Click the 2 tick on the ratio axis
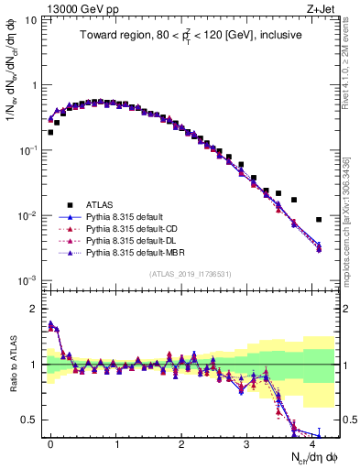[x=33, y=309]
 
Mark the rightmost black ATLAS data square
[x=319, y=220]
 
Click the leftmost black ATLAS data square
[x=50, y=132]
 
